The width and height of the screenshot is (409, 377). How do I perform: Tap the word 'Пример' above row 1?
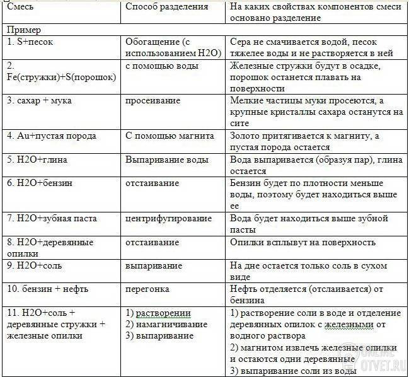pyautogui.click(x=24, y=30)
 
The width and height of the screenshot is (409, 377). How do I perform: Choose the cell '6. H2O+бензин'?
pyautogui.click(x=40, y=183)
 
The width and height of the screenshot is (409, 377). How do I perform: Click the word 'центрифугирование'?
pyautogui.click(x=168, y=218)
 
